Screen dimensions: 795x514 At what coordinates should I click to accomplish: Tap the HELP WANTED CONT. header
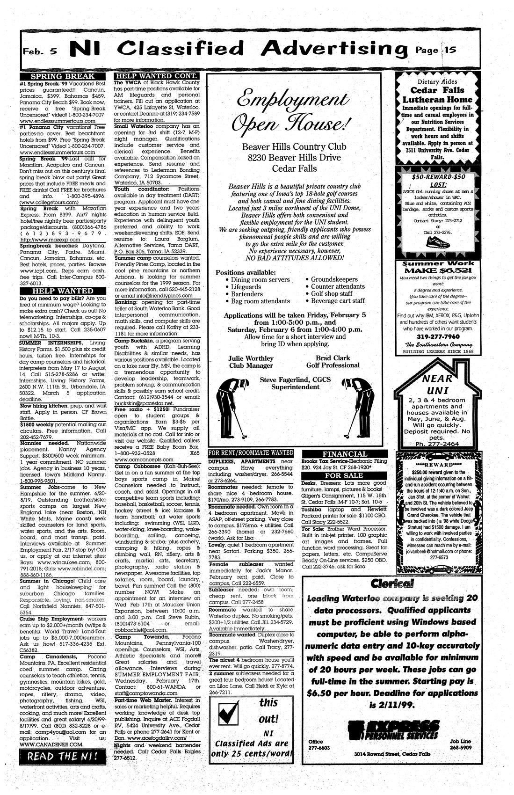pos(157,76)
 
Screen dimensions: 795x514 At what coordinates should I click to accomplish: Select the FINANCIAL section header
pos(345,454)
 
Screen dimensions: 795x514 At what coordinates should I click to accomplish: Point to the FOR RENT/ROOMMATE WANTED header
pos(251,453)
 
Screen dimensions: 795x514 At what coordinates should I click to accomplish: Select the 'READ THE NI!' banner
pos(63,756)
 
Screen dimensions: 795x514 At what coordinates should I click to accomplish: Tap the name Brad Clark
pos(333,358)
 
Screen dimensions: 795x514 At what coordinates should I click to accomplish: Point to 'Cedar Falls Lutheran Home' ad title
pos(438,95)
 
